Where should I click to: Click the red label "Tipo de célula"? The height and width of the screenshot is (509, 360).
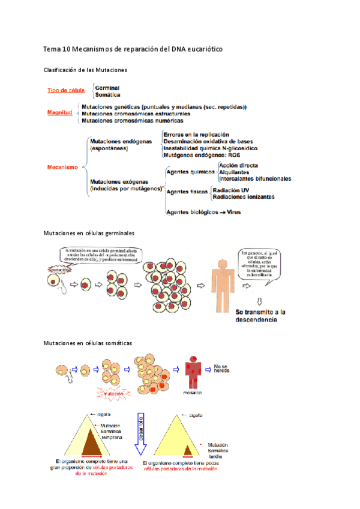(66, 91)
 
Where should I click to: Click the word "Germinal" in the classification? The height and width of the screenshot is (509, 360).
(107, 88)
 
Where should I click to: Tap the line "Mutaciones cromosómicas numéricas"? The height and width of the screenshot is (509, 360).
(132, 120)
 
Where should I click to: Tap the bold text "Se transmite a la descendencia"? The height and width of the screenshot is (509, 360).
(260, 316)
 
